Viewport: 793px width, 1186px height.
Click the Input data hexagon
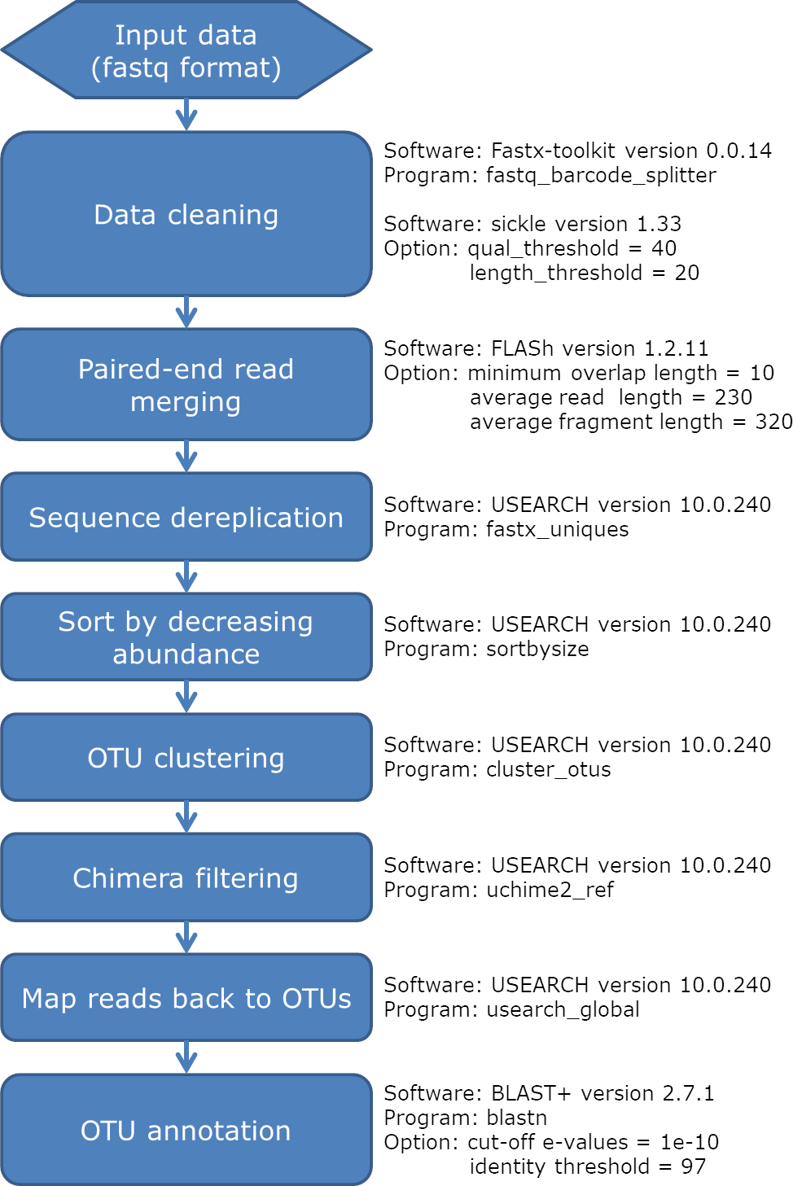pyautogui.click(x=186, y=50)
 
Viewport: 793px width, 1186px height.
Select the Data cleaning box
pyautogui.click(x=186, y=214)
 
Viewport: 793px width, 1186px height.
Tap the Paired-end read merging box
pyautogui.click(x=186, y=384)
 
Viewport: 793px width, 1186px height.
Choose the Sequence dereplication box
pyautogui.click(x=186, y=517)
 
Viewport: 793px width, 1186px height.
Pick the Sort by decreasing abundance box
pyautogui.click(x=186, y=637)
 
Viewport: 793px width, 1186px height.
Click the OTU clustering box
pyautogui.click(x=186, y=757)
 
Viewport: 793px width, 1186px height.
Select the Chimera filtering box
pyautogui.click(x=186, y=877)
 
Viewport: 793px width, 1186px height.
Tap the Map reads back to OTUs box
pyautogui.click(x=186, y=997)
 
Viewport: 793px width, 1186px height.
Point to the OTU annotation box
pyautogui.click(x=186, y=1129)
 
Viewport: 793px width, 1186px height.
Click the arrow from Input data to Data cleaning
pyautogui.click(x=186, y=115)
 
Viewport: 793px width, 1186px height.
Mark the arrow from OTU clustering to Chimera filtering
pyautogui.click(x=186, y=817)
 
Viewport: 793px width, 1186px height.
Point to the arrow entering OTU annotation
pyautogui.click(x=186, y=1057)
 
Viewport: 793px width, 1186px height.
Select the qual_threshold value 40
pyautogui.click(x=664, y=248)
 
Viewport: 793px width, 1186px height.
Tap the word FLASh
pyautogui.click(x=523, y=348)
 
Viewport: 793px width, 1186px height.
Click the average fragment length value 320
pyautogui.click(x=774, y=422)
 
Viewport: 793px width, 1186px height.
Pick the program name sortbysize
pyautogui.click(x=537, y=650)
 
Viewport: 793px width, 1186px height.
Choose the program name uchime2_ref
pyautogui.click(x=550, y=890)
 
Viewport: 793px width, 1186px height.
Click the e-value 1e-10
pyautogui.click(x=690, y=1142)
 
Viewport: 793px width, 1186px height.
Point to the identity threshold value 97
pyautogui.click(x=694, y=1166)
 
